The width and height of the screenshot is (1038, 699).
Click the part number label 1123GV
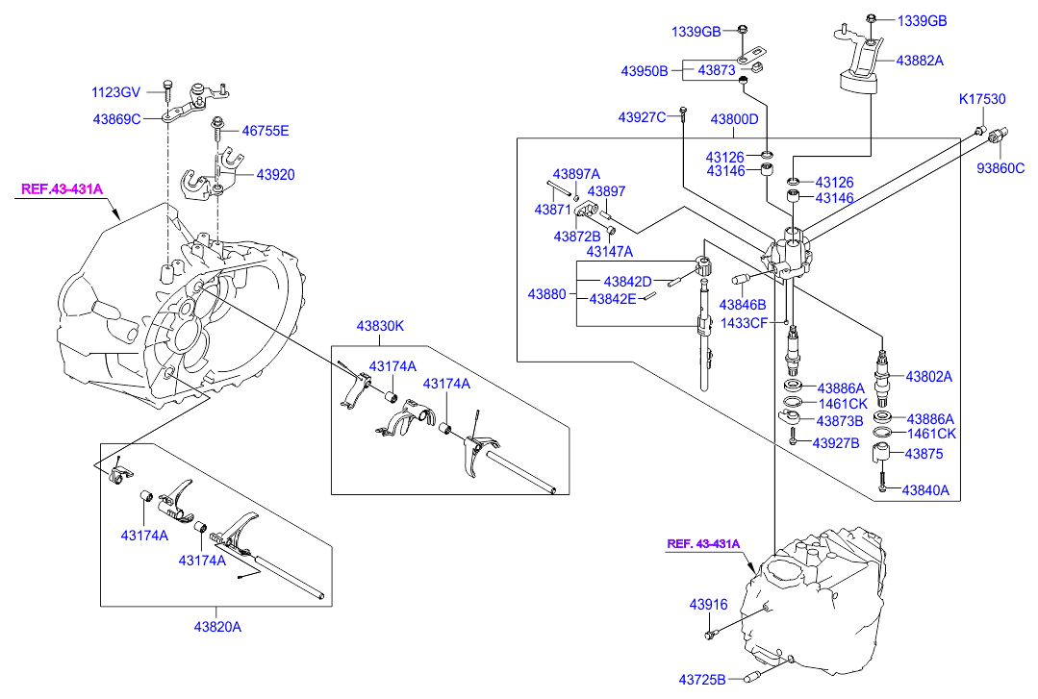(x=116, y=93)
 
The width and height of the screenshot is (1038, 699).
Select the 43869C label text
(x=117, y=119)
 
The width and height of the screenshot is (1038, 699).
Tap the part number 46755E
(x=265, y=131)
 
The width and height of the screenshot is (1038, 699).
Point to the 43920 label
(x=275, y=175)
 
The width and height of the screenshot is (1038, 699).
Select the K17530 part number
(x=982, y=99)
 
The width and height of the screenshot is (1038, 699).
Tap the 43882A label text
(x=920, y=60)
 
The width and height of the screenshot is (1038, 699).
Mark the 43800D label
(x=735, y=119)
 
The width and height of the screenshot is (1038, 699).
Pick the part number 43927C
(x=643, y=117)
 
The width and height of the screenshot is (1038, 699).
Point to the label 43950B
(x=645, y=70)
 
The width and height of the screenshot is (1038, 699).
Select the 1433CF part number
(x=744, y=323)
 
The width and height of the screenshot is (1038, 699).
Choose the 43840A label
(x=924, y=489)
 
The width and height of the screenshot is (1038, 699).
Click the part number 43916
(x=708, y=605)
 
